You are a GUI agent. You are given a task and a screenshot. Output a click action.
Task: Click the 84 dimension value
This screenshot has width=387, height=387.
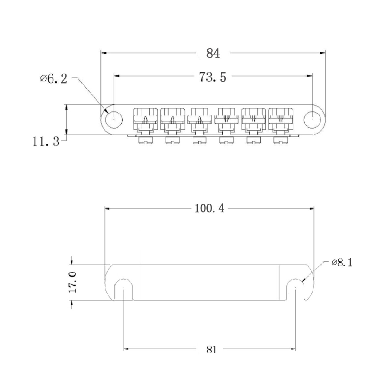point(213,54)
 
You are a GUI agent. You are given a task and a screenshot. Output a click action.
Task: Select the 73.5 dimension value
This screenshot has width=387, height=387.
point(213,77)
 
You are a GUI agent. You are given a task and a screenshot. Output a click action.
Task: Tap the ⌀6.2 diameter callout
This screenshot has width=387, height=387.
point(54,79)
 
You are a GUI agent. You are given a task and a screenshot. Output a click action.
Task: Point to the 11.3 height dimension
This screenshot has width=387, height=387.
point(46,142)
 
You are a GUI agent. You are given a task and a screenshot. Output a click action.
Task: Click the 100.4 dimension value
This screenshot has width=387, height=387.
point(210,208)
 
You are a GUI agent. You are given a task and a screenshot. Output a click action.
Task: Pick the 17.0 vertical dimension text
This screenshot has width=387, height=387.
point(73,282)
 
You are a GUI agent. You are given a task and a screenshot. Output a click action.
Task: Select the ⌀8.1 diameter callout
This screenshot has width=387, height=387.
point(342,263)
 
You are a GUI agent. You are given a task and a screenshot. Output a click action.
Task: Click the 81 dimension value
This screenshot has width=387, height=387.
point(211,350)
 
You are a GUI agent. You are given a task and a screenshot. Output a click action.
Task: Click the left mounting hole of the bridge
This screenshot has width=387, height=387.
point(114,120)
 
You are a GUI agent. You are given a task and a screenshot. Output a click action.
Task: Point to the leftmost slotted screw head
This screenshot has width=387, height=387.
point(145,140)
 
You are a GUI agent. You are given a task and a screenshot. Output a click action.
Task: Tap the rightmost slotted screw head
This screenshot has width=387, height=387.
point(281,140)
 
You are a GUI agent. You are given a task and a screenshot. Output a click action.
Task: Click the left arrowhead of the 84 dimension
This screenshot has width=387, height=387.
point(104,53)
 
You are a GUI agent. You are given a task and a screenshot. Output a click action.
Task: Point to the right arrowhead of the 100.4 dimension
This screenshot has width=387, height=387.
point(311,209)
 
